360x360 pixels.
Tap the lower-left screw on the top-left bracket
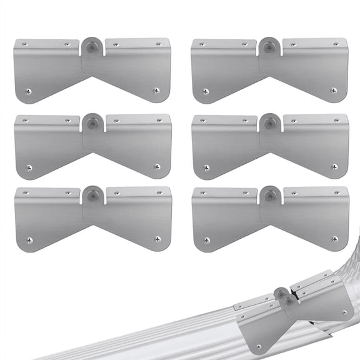pyautogui.click(x=28, y=91)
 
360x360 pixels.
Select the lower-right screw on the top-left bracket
pyautogui.click(x=156, y=91)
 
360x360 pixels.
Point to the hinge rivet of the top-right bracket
pyautogui.click(x=268, y=46)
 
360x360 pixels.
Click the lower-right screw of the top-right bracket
pyautogui.click(x=334, y=91)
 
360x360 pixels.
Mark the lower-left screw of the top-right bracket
pyautogui.click(x=206, y=91)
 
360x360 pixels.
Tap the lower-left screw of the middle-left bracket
pyautogui.click(x=29, y=167)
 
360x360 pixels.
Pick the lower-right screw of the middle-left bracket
pyautogui.click(x=157, y=167)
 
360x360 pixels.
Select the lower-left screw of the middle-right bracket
pyautogui.click(x=206, y=167)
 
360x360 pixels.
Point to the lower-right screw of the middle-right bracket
pyautogui.click(x=334, y=167)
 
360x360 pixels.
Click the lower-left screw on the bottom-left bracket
pyautogui.click(x=29, y=240)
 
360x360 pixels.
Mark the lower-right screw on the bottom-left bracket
pyautogui.click(x=157, y=239)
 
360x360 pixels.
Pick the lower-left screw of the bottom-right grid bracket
pyautogui.click(x=206, y=240)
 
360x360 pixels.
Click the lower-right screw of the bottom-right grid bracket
pyautogui.click(x=334, y=239)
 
